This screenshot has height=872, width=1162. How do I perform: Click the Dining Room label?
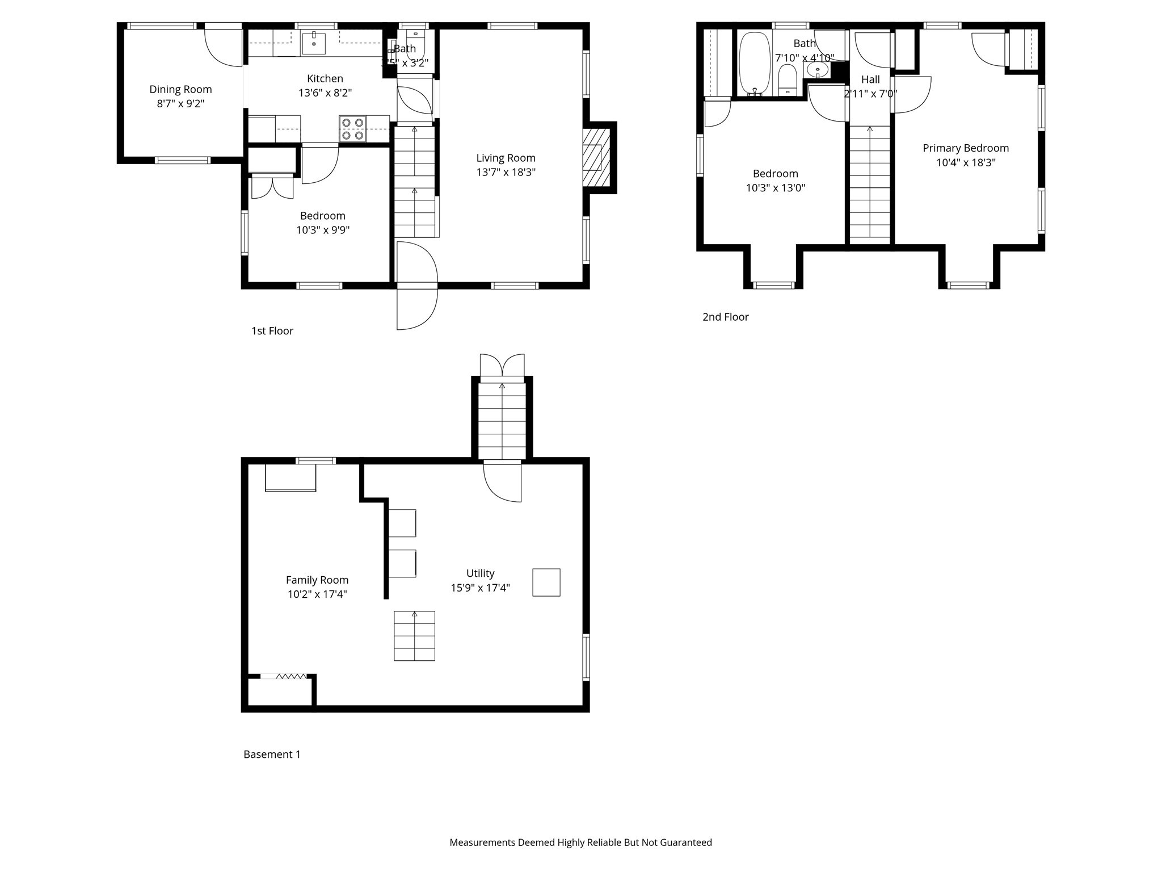pyautogui.click(x=180, y=89)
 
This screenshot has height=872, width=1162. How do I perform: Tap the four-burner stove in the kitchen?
pyautogui.click(x=352, y=129)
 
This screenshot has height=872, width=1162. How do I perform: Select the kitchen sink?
pyautogui.click(x=313, y=43)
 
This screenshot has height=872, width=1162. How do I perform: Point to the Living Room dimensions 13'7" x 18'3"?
pyautogui.click(x=506, y=172)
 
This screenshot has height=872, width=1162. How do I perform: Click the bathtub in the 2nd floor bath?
pyautogui.click(x=754, y=64)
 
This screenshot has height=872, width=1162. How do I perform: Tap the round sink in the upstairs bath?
pyautogui.click(x=817, y=70)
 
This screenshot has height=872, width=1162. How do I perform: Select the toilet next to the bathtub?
pyautogui.click(x=788, y=81)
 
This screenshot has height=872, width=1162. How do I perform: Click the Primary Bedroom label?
pyautogui.click(x=965, y=148)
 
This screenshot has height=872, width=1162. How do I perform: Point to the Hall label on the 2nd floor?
pyautogui.click(x=870, y=79)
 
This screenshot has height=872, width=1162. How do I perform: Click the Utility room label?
pyautogui.click(x=480, y=573)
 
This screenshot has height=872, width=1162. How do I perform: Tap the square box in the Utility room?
pyautogui.click(x=546, y=582)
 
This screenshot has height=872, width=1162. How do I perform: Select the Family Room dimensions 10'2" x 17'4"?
pyautogui.click(x=317, y=594)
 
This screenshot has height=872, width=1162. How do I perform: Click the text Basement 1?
pyautogui.click(x=272, y=754)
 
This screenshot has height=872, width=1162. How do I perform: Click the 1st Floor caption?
pyautogui.click(x=272, y=331)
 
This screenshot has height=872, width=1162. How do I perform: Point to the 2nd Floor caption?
pyautogui.click(x=725, y=317)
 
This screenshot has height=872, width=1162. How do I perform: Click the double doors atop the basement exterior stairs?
pyautogui.click(x=502, y=365)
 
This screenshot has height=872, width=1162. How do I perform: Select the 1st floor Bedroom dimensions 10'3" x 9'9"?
pyautogui.click(x=322, y=230)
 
